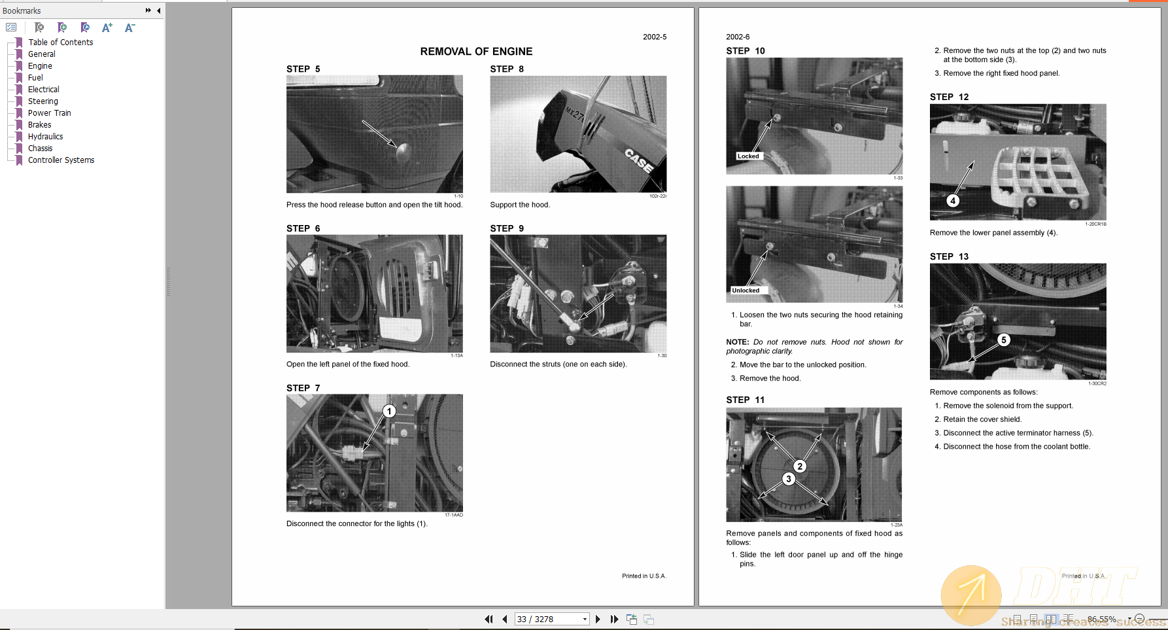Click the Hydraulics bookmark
click(45, 137)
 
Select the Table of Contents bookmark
click(60, 43)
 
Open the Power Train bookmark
click(49, 113)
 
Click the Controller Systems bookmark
click(61, 160)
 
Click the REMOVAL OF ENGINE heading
click(476, 52)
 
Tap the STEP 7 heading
click(303, 388)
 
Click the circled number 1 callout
click(389, 411)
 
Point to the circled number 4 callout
click(953, 201)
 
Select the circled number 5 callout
click(1004, 340)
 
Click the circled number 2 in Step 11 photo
click(800, 466)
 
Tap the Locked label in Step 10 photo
click(748, 156)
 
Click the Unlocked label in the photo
click(746, 290)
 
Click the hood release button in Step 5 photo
click(403, 152)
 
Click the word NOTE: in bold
click(737, 342)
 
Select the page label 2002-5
click(654, 37)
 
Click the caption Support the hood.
click(520, 205)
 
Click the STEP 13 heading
click(949, 256)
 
